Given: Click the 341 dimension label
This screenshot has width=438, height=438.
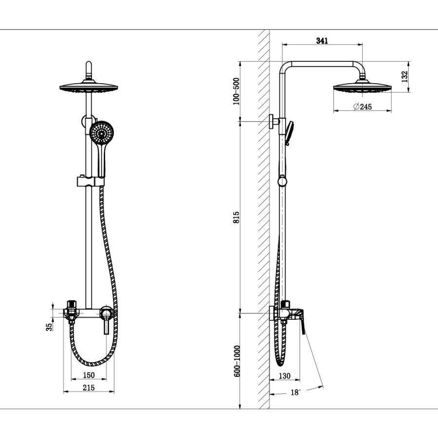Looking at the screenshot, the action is tap(322, 41).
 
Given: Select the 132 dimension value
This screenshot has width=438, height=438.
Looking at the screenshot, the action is tap(404, 76).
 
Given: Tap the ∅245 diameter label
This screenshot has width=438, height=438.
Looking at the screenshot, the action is tap(362, 107).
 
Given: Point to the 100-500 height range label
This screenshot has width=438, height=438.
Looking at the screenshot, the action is tap(237, 91).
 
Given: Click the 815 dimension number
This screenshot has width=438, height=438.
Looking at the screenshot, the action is tap(237, 217).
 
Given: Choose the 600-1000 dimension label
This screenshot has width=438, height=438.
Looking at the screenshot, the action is tap(237, 361).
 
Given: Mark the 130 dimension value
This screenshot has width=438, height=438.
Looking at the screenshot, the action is tap(284, 376).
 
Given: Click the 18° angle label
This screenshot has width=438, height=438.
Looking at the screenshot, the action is tap(295, 392).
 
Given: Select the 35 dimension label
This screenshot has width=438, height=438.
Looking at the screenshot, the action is tap(49, 327).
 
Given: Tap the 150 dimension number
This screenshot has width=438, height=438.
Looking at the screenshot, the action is tap(89, 375).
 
